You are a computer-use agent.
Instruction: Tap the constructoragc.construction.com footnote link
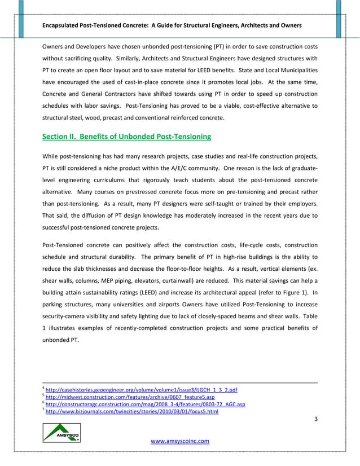[145, 405]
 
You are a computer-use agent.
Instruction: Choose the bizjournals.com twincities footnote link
[131, 412]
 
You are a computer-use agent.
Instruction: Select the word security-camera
[65, 317]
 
